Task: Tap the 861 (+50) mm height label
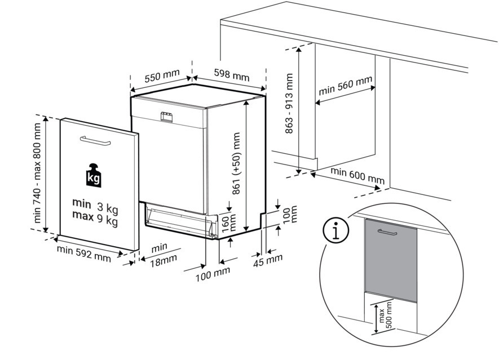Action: pos(236,164)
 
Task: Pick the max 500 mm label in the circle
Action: pos(385,318)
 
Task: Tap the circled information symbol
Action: pos(335,230)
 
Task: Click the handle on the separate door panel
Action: pos(95,140)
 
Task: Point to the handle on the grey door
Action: pos(387,232)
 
